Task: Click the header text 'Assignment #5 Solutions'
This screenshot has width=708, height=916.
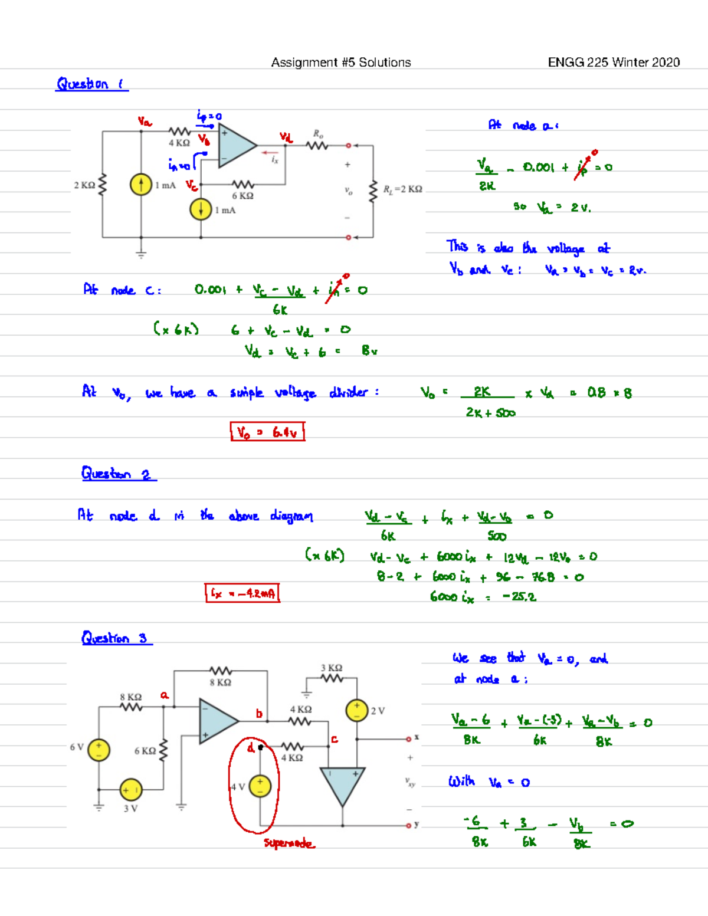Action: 341,63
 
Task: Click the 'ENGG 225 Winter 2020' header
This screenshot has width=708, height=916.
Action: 614,63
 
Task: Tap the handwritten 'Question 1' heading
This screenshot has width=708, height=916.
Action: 91,84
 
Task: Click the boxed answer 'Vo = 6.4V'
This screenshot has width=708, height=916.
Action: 267,432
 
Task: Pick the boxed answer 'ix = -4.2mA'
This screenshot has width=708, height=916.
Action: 242,593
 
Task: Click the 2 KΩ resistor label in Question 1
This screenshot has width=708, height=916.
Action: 84,185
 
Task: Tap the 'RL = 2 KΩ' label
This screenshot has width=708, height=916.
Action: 402,189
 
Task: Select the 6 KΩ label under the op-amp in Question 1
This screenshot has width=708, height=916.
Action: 242,196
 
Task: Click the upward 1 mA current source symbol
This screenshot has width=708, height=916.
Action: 141,185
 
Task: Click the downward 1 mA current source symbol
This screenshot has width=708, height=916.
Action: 201,209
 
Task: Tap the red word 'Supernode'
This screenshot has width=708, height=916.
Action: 289,843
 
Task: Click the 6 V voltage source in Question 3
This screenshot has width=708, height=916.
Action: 99,750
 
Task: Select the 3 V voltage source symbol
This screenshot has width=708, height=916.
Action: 130,790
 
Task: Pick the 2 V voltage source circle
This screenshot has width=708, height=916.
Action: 357,711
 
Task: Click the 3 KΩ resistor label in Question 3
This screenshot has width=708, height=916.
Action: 332,668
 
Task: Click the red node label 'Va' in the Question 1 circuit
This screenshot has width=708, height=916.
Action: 145,122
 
